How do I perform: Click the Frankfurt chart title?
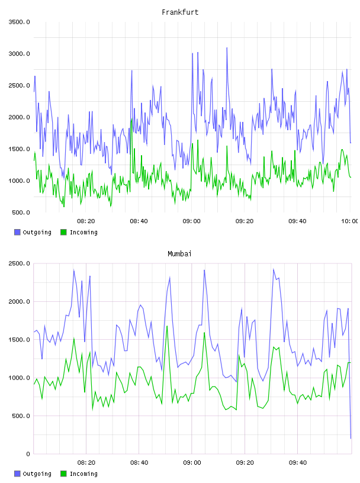click(x=180, y=12)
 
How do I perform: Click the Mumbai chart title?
click(x=179, y=253)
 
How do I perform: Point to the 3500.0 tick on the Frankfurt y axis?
click(x=19, y=22)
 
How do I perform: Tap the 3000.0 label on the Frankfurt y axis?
click(x=19, y=54)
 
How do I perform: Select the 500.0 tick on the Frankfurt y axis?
click(x=21, y=212)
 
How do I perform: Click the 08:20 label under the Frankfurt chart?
click(x=86, y=221)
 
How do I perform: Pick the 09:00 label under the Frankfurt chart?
click(x=191, y=221)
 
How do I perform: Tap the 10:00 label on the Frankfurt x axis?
click(x=349, y=221)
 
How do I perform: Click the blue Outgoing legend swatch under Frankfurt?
click(x=17, y=232)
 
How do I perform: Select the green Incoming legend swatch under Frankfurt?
click(x=63, y=232)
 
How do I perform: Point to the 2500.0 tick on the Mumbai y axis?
click(x=19, y=263)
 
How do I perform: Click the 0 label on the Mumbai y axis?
click(x=28, y=454)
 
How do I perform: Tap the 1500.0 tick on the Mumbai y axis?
click(x=19, y=339)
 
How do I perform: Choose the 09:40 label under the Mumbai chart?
click(x=298, y=462)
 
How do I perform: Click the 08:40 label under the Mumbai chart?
click(x=139, y=462)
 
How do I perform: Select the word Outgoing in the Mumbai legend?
click(x=37, y=474)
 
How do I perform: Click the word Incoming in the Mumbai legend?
click(x=83, y=474)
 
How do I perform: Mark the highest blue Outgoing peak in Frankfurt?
click(x=227, y=48)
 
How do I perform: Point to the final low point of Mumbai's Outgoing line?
click(x=351, y=438)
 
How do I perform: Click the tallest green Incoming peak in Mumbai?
click(x=167, y=326)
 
